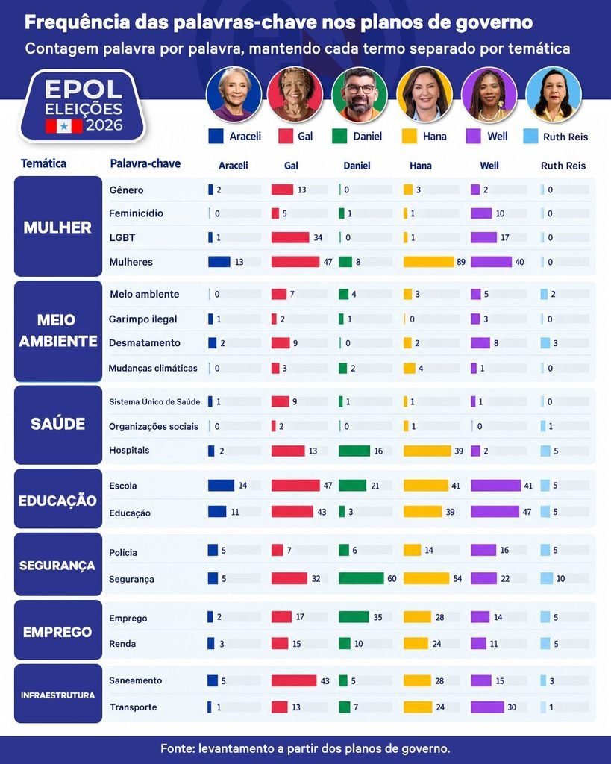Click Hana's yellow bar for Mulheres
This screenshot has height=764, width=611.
(x=428, y=262)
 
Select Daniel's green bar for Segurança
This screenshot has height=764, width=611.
(x=361, y=578)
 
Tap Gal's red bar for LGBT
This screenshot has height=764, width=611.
(x=290, y=237)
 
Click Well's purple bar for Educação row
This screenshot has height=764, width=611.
(x=495, y=512)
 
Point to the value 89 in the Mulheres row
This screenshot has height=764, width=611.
(x=461, y=262)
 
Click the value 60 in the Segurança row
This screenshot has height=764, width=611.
(x=392, y=579)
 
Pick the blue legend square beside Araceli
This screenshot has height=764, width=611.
(x=216, y=136)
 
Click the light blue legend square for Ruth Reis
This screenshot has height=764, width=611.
(x=530, y=136)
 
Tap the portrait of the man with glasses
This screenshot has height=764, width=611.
(x=360, y=95)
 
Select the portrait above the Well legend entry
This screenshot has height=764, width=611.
(x=489, y=95)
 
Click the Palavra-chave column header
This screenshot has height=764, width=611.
(x=145, y=163)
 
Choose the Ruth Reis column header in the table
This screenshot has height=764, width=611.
(x=563, y=166)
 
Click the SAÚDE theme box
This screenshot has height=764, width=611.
(x=58, y=425)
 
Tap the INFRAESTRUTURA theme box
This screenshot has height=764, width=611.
(x=58, y=693)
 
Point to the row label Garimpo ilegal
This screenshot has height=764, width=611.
(x=142, y=319)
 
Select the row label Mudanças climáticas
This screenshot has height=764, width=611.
(x=153, y=368)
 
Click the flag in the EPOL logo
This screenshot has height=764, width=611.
(x=64, y=126)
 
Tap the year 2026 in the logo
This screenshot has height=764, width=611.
(x=104, y=125)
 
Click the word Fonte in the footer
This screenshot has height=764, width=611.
(x=176, y=748)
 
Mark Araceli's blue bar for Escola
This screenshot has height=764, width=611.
(x=222, y=485)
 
